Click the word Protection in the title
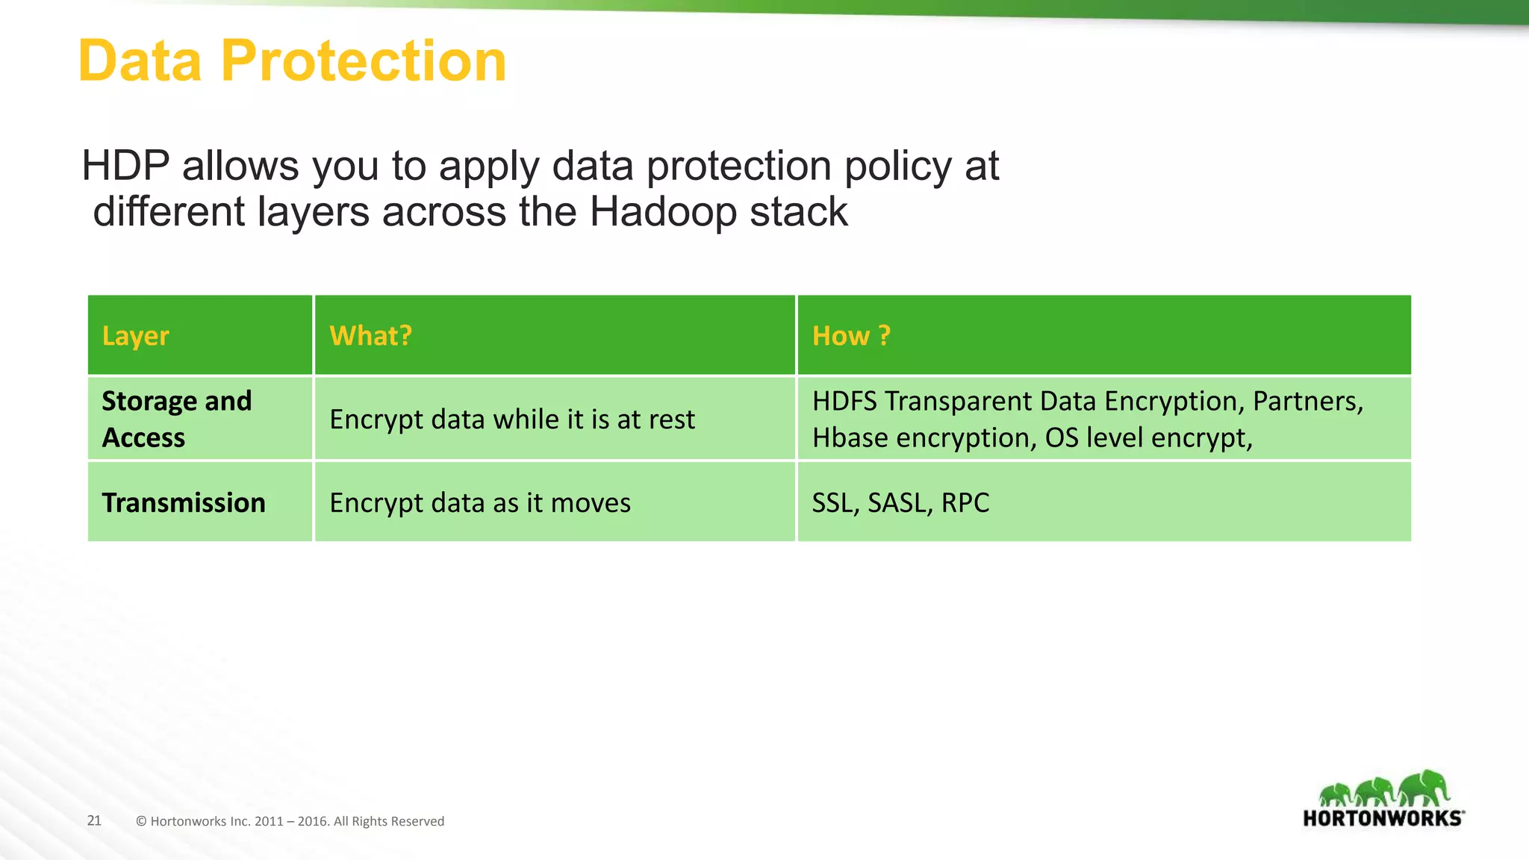(363, 61)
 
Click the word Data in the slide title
(140, 61)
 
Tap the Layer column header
(135, 336)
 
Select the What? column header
(370, 336)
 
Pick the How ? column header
(851, 336)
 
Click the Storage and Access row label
(176, 419)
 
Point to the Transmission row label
(184, 502)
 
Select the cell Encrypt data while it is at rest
(512, 420)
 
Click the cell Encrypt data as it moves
(480, 502)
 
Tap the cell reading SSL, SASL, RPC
(900, 502)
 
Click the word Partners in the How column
(1307, 402)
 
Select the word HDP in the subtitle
(125, 166)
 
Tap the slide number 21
(94, 820)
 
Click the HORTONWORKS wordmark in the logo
(1383, 818)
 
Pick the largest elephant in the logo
(1424, 788)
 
